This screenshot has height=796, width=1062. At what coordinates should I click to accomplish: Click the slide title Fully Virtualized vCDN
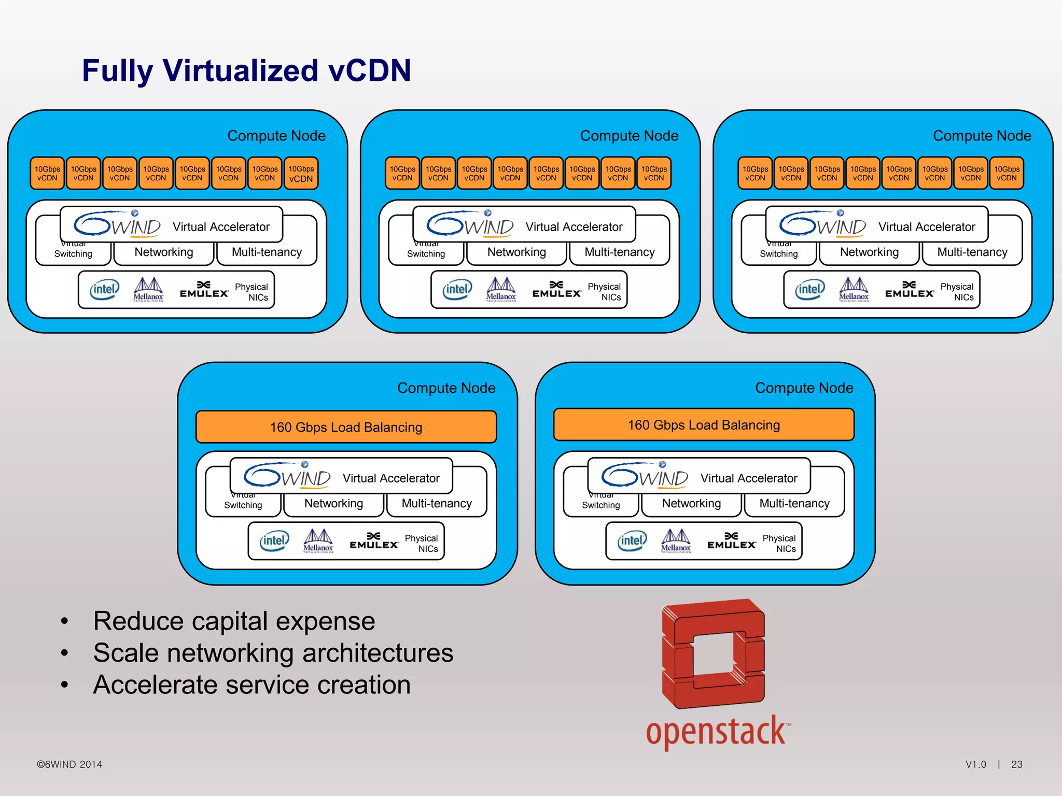click(x=246, y=70)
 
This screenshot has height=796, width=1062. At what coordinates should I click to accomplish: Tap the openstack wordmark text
click(x=717, y=731)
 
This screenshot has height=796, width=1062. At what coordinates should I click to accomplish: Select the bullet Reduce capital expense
click(x=234, y=621)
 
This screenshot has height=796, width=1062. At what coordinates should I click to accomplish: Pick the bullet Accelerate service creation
click(x=251, y=685)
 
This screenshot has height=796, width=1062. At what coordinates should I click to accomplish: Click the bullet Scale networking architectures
click(x=273, y=653)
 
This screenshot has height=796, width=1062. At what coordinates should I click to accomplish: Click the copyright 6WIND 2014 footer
click(x=69, y=764)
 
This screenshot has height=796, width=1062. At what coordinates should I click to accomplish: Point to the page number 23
click(x=1016, y=764)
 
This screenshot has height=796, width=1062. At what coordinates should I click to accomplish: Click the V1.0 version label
click(x=975, y=764)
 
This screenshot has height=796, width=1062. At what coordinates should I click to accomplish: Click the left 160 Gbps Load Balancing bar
click(x=346, y=427)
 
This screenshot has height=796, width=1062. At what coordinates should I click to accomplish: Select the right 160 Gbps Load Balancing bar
click(x=704, y=425)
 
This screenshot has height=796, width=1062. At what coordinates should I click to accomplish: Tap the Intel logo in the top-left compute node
click(x=104, y=290)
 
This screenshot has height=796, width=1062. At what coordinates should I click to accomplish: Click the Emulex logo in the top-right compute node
click(x=909, y=290)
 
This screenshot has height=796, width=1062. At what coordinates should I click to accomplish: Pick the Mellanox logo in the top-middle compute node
click(x=501, y=290)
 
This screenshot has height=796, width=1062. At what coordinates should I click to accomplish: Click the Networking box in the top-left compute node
click(x=164, y=253)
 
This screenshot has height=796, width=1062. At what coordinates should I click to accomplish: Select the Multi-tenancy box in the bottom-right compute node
click(x=794, y=504)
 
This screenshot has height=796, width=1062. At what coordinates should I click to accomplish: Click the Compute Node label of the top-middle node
click(x=629, y=136)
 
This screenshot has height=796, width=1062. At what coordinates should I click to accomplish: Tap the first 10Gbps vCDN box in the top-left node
click(x=47, y=173)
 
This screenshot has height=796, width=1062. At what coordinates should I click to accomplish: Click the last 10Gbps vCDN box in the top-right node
click(x=1006, y=173)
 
